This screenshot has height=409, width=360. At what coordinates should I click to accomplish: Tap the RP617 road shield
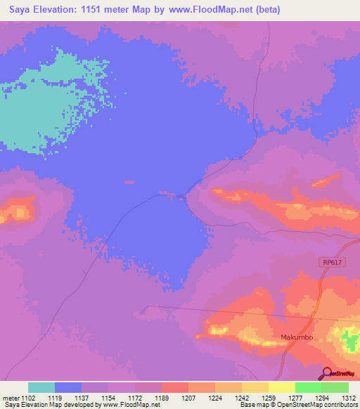click(x=330, y=262)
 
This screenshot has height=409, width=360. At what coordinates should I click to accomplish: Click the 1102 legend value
click(x=29, y=397)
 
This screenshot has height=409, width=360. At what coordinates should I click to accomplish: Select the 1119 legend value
click(x=55, y=397)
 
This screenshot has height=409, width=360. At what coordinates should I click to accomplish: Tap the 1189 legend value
click(x=161, y=397)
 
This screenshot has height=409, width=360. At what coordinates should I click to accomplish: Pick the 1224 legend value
click(x=214, y=397)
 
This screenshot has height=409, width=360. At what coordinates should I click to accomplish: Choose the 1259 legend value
click(x=268, y=397)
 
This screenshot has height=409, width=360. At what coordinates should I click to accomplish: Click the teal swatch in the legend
click(x=41, y=387)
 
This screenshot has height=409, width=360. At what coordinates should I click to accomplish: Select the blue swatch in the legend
click(x=68, y=387)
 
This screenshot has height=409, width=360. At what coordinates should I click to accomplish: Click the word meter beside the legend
click(x=10, y=397)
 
